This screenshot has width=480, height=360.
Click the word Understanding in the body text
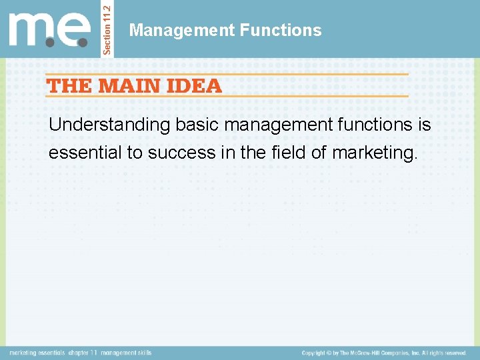tap(110, 125)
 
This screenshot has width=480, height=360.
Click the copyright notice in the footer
tap(383, 353)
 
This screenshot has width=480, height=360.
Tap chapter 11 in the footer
tap(84, 353)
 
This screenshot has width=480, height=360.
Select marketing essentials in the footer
tap(37, 353)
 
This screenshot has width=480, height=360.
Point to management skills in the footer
tap(127, 353)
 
